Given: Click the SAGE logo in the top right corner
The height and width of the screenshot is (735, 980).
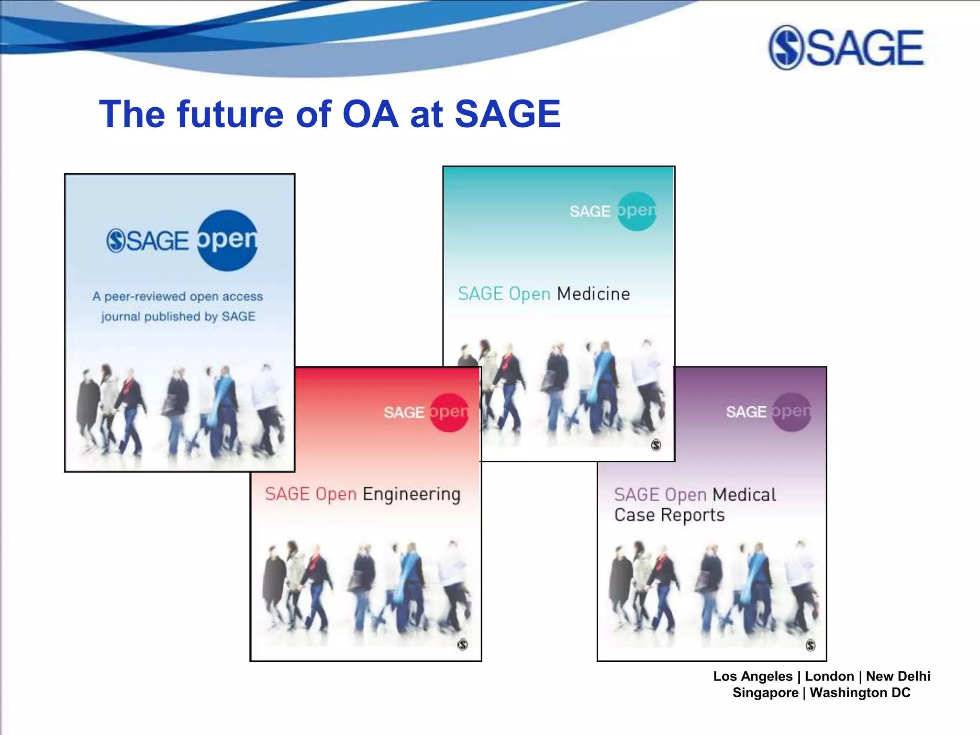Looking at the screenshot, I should [x=846, y=48].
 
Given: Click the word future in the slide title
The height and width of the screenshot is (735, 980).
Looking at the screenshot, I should [x=230, y=115].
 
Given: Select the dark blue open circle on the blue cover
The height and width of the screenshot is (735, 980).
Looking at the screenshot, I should [x=227, y=240].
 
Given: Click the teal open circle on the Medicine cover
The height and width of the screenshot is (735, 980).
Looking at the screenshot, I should [x=636, y=211].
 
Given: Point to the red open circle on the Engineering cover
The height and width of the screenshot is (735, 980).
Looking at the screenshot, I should [x=449, y=412].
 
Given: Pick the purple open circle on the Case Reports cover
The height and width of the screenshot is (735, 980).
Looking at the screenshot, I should [x=791, y=412].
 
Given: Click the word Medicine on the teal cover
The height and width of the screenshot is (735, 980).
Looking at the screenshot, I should [x=593, y=294].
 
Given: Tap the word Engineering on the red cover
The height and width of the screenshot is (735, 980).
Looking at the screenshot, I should [x=412, y=494].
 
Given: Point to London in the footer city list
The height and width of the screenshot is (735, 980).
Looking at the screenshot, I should [x=829, y=676].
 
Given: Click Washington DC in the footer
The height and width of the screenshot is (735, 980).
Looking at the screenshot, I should [x=860, y=692].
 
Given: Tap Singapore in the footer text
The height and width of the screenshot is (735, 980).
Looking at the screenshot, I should [x=765, y=692].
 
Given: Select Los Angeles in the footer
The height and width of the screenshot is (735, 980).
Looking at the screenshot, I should [x=753, y=676].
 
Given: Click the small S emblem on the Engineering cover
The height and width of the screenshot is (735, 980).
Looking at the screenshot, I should [x=462, y=645].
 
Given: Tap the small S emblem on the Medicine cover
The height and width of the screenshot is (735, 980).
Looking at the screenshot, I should [x=656, y=445].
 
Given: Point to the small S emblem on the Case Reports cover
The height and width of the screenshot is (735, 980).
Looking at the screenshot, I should [x=810, y=645].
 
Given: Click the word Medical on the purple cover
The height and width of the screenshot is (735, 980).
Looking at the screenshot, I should [x=744, y=495].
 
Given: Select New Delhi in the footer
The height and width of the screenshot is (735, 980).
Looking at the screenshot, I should [x=898, y=676].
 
